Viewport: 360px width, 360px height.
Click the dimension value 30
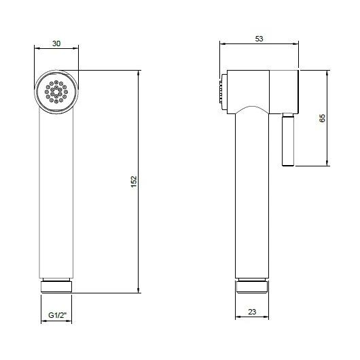56,43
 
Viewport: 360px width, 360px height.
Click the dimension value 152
134,181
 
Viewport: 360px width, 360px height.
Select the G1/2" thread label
57,315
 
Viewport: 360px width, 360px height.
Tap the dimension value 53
259,39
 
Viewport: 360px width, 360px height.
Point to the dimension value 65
323,118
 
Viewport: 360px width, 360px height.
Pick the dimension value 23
252,312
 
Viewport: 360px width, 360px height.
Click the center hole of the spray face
56,92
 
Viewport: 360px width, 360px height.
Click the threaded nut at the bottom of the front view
56,287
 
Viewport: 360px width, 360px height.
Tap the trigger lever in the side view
288,139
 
